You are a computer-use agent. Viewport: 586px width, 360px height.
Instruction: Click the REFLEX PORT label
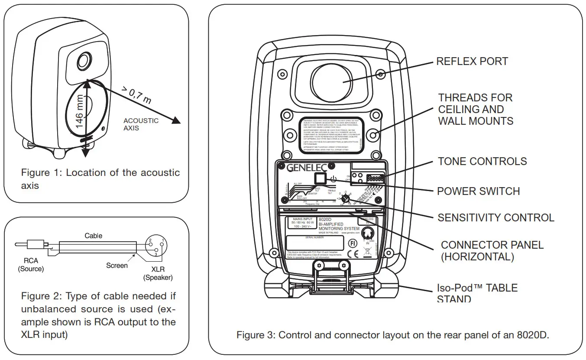pyautogui.click(x=472, y=62)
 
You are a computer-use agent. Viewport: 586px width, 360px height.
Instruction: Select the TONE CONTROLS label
pyautogui.click(x=482, y=162)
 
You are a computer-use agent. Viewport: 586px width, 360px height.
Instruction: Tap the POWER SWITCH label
pyautogui.click(x=478, y=191)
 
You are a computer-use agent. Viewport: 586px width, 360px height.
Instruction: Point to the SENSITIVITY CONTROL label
pyautogui.click(x=496, y=217)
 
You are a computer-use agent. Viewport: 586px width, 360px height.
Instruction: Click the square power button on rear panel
pyautogui.click(x=320, y=179)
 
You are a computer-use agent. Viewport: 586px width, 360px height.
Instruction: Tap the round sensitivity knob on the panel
pyautogui.click(x=345, y=198)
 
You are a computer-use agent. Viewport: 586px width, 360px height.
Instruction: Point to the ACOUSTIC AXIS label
pyautogui.click(x=141, y=124)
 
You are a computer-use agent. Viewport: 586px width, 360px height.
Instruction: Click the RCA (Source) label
pyautogui.click(x=31, y=265)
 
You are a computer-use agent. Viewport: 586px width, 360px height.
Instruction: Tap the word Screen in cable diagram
pyautogui.click(x=117, y=266)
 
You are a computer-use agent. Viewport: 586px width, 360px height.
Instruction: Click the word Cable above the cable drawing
pyautogui.click(x=94, y=236)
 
